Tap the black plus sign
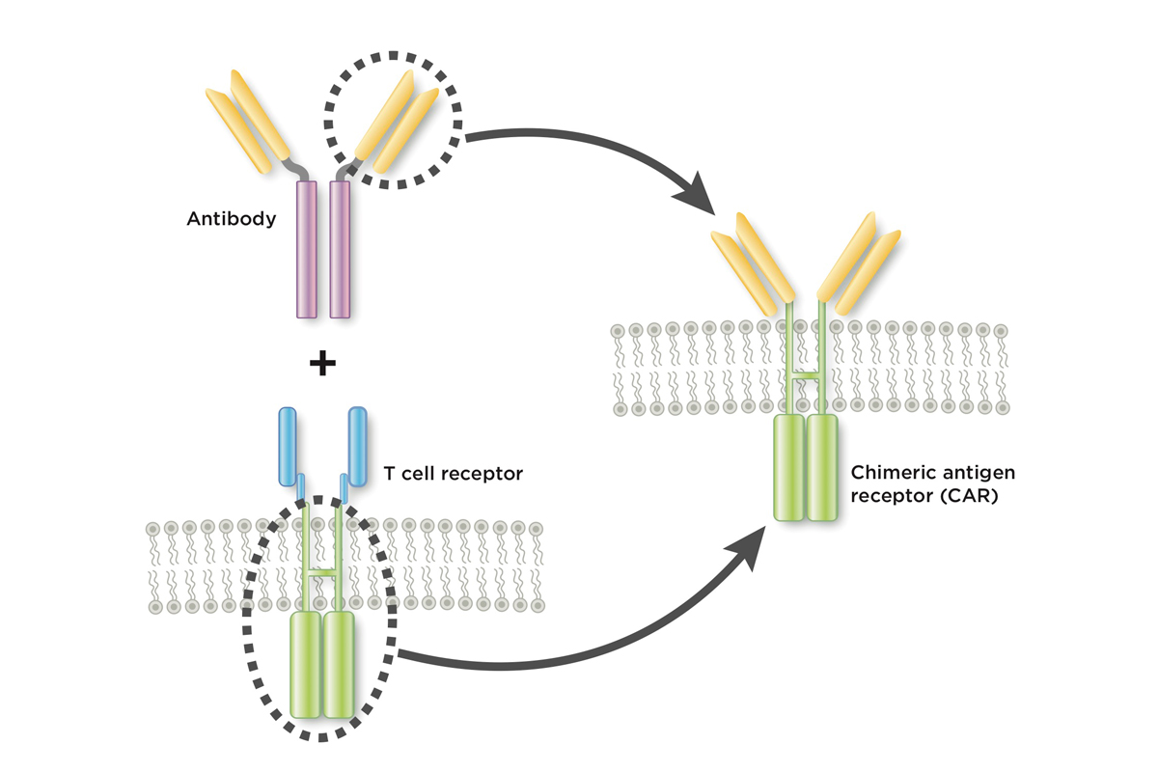[321, 364]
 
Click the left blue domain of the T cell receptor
[289, 447]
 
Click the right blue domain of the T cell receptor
[357, 447]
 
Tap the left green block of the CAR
[789, 468]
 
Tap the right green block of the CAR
[823, 468]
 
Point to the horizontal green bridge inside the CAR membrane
[806, 373]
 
